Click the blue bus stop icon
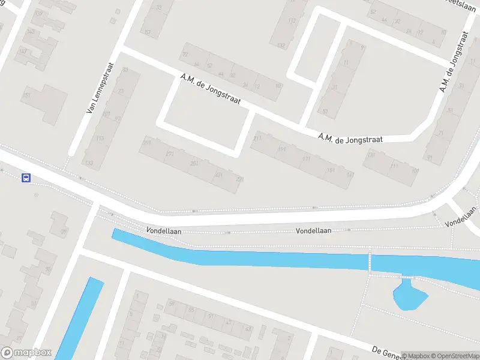[x=26, y=178]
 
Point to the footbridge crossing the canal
[x=370, y=262]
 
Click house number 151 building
[x=26, y=95]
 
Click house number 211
[x=257, y=139]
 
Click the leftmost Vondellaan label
[x=164, y=230]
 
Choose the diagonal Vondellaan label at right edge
[x=460, y=217]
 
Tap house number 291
[x=146, y=142]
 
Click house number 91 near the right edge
[x=429, y=158]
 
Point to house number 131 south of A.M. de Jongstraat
[x=370, y=155]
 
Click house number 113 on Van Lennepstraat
[x=100, y=139]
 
